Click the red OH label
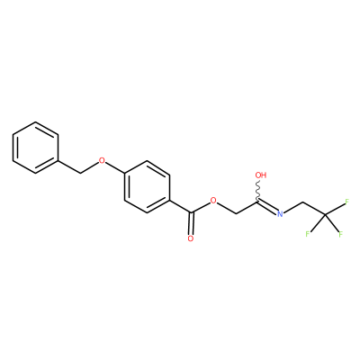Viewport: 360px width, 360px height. (261, 175)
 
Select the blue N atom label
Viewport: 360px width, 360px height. (280, 213)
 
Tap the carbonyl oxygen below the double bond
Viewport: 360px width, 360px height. (191, 238)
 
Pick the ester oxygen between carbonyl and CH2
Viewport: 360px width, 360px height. (213, 201)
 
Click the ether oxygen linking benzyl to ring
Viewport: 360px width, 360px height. (103, 160)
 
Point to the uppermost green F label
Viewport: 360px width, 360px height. (346, 202)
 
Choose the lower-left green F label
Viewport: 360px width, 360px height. (307, 234)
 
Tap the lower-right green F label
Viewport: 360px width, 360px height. (340, 234)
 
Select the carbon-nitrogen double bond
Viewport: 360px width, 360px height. (267, 207)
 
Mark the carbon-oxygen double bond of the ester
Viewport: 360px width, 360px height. (191, 224)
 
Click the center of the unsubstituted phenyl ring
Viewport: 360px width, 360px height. (35, 148)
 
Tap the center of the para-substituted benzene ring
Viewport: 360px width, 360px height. (147, 187)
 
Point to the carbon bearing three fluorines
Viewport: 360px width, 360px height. (325, 214)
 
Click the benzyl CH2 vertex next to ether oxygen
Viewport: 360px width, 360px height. (80, 173)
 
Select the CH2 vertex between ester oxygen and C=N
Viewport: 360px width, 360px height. (236, 213)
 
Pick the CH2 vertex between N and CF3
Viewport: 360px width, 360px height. (302, 202)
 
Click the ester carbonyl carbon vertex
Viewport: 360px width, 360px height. (191, 213)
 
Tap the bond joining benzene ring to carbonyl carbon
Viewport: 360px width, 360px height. (180, 206)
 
